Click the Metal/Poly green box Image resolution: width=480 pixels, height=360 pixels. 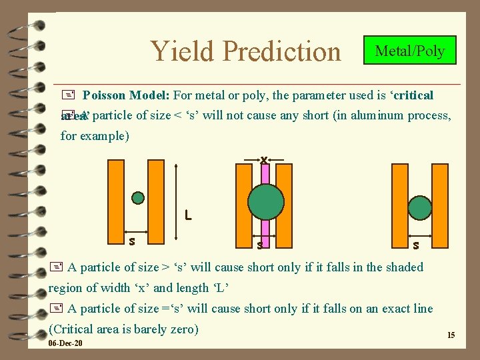409,51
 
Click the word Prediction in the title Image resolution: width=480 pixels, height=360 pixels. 282,51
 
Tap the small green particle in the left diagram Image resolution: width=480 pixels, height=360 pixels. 137,197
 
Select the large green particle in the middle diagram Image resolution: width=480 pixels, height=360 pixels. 265,201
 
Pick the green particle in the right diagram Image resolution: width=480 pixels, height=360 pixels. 420,207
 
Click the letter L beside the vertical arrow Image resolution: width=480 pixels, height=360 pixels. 189,215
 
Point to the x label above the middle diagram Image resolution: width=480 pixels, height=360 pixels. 265,159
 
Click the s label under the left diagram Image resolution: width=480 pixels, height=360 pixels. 132,240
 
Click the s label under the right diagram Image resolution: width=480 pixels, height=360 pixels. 416,245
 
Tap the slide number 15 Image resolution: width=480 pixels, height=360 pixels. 451,335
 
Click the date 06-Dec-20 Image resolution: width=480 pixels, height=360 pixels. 65,343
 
